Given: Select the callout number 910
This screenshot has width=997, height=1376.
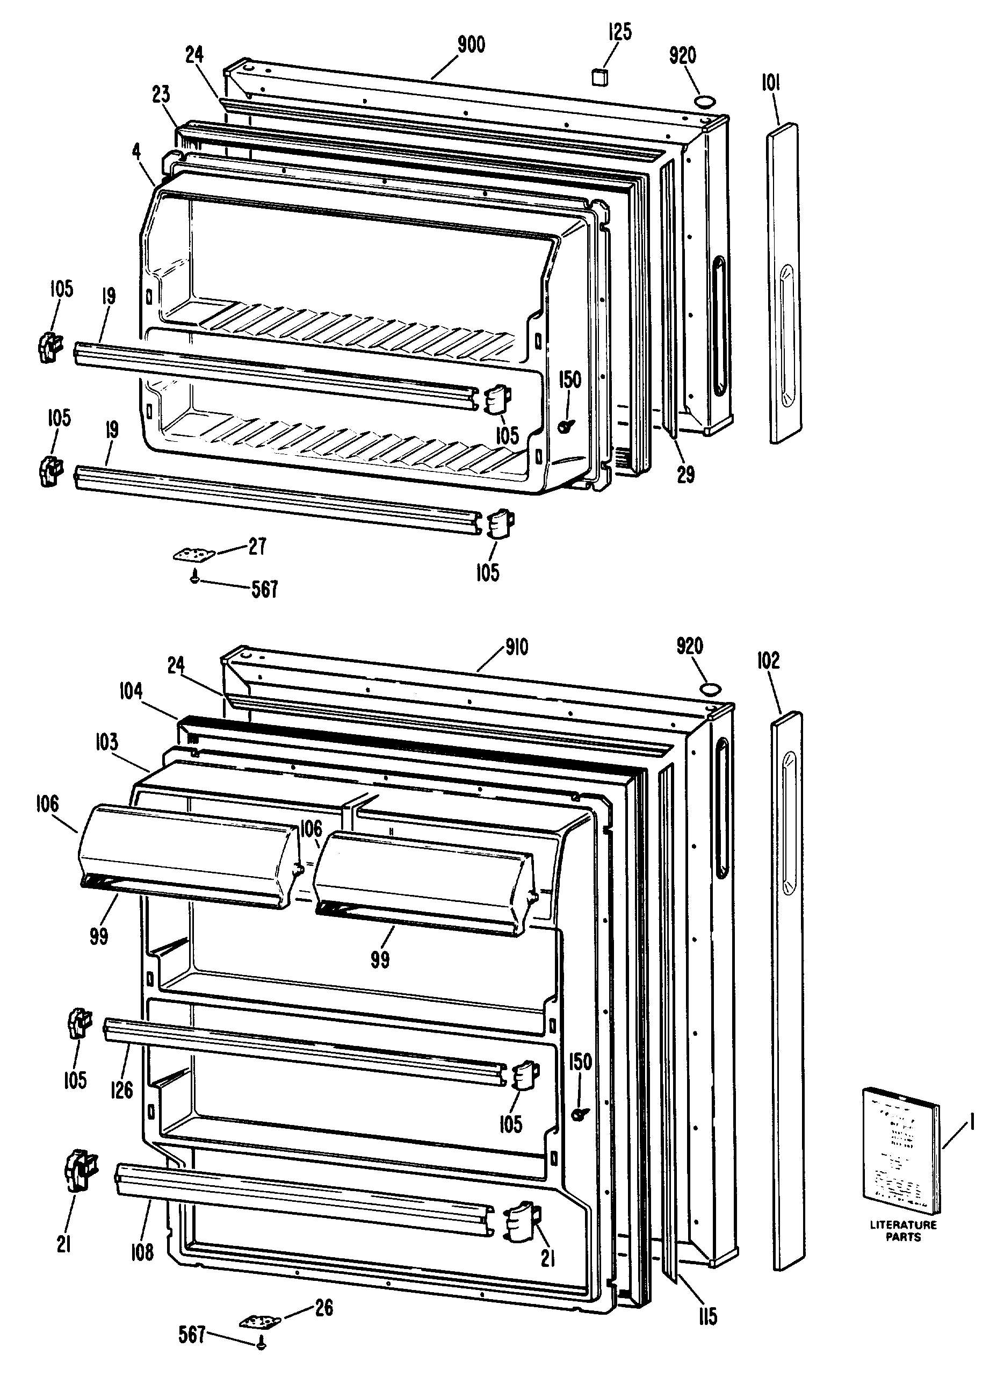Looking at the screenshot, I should [517, 647].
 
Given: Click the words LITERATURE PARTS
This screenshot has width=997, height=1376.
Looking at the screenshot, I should [903, 1230].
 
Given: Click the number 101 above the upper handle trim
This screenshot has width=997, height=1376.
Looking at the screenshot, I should [770, 83].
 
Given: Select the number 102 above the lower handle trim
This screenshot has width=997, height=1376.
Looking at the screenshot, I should [768, 661].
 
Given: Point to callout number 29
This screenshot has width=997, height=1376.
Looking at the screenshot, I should [685, 475].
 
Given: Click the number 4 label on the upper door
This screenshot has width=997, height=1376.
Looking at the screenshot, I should [136, 152].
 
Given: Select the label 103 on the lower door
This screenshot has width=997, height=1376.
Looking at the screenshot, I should [106, 741].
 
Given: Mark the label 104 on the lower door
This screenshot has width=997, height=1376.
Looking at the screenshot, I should [131, 691].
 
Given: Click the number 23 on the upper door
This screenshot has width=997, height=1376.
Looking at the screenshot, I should [161, 95].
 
